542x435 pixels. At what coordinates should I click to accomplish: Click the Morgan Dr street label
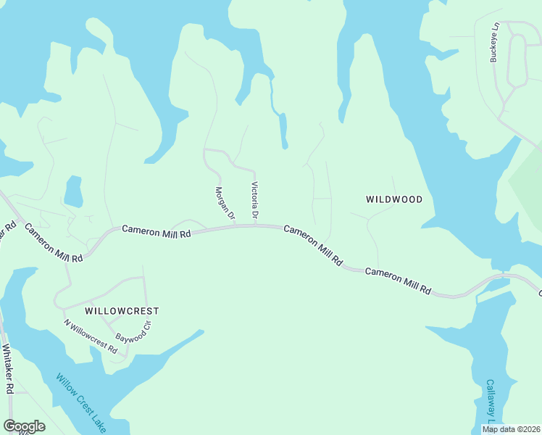(225, 203)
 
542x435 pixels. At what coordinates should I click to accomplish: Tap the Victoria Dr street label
(254, 201)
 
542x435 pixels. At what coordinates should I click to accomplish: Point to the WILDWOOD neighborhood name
(394, 199)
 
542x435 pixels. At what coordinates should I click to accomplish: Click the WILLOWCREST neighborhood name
(122, 310)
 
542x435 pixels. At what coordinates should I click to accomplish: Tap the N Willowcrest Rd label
(90, 336)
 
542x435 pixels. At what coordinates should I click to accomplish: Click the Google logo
(24, 426)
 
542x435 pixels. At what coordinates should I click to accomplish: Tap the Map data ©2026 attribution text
(511, 429)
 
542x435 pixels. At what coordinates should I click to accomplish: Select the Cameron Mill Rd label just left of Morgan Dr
(156, 231)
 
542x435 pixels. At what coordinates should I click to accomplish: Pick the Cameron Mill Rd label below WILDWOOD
(398, 281)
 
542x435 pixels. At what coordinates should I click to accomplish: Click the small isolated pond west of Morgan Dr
(73, 192)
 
